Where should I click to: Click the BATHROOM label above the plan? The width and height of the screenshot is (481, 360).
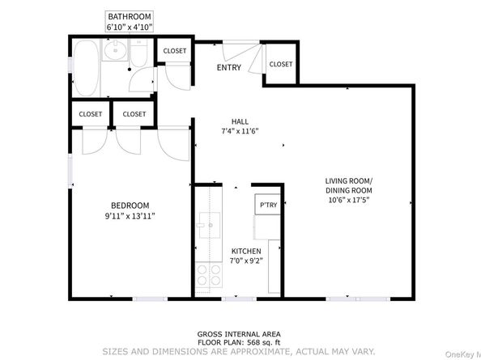tap(130, 16)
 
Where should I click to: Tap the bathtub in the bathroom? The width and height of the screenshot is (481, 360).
tap(86, 68)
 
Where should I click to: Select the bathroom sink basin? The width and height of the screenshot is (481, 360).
tap(115, 50)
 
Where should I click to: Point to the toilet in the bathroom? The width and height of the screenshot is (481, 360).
tap(139, 53)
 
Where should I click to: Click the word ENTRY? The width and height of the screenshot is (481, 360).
tap(229, 67)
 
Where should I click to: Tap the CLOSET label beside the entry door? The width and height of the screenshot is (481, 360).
tap(281, 64)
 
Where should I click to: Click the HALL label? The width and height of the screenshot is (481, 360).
tap(240, 121)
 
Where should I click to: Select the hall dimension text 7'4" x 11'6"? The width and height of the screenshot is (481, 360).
tap(240, 131)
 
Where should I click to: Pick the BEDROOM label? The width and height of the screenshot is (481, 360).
tap(130, 205)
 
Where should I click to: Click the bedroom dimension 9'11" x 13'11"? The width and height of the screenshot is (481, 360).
tap(130, 216)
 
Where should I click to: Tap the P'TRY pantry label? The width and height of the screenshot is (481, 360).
tap(268, 205)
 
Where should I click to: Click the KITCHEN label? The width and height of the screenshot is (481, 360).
tap(246, 252)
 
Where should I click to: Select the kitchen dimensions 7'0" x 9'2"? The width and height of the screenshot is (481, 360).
tap(246, 261)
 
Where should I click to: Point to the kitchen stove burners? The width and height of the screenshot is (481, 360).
tap(209, 274)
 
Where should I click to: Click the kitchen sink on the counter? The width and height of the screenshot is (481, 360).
tap(209, 225)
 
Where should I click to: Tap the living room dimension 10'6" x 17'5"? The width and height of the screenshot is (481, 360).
tap(348, 201)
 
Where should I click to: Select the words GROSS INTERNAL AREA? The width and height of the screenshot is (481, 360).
tap(239, 334)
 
